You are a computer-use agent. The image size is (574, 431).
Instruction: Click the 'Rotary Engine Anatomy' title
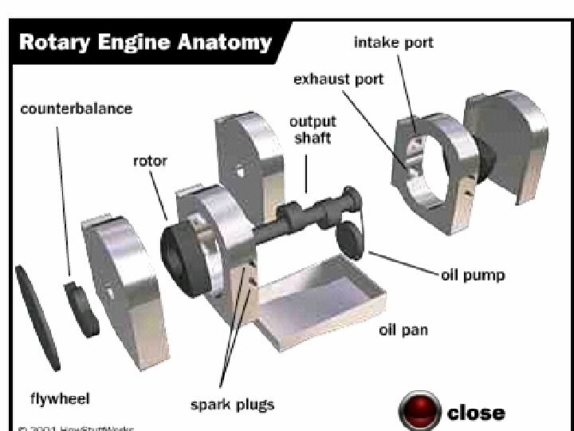[x=145, y=42]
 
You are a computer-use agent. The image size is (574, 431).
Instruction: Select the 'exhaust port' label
[x=338, y=80]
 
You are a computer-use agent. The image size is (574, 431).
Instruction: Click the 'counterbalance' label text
[x=77, y=107]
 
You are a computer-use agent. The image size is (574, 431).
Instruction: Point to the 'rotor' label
[x=150, y=161]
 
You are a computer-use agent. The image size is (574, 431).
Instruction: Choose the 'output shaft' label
[x=313, y=129]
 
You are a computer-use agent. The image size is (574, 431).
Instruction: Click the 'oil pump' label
[x=473, y=275]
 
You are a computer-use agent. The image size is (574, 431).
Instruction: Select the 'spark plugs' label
[x=232, y=404]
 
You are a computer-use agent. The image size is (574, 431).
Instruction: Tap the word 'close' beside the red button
[x=476, y=412]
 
